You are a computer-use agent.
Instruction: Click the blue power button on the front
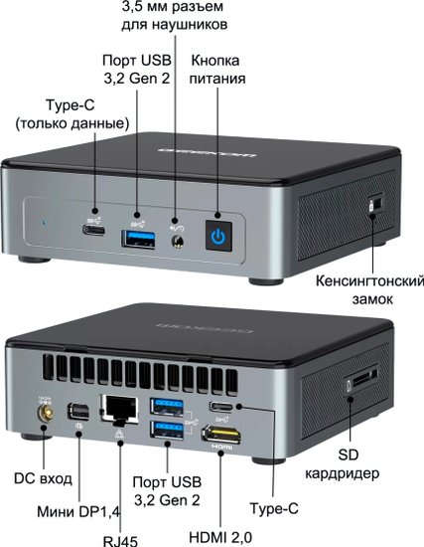tap(218, 236)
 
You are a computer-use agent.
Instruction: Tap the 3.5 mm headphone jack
tap(178, 242)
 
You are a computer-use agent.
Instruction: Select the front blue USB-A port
tap(138, 240)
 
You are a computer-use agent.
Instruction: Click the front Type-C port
tap(93, 231)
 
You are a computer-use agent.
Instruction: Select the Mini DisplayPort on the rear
tap(78, 412)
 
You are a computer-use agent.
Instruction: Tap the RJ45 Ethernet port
tap(119, 409)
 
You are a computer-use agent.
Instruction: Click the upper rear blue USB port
tap(167, 407)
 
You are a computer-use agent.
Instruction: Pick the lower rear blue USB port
tap(167, 430)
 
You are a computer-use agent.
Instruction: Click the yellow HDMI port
tap(221, 435)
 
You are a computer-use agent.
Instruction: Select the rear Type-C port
tap(221, 407)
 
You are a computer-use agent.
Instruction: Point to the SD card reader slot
tap(361, 380)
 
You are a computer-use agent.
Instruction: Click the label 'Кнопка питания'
tap(217, 70)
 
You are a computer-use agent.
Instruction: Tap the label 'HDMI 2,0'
tap(220, 537)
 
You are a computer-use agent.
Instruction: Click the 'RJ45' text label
tap(120, 541)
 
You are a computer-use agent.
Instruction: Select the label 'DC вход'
tap(43, 478)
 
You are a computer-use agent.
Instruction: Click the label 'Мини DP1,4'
tap(78, 512)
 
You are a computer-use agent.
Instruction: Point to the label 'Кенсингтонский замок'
tap(370, 289)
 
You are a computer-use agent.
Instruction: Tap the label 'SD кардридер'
tap(343, 464)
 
